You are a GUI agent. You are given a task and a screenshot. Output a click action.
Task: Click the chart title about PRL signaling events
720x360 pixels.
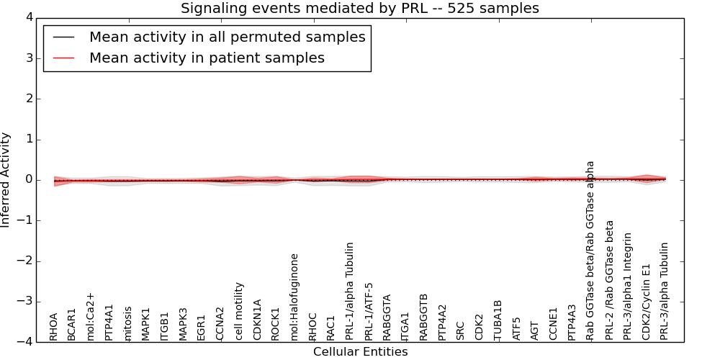point(359,9)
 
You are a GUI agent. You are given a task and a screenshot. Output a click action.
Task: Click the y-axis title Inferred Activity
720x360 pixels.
point(6,179)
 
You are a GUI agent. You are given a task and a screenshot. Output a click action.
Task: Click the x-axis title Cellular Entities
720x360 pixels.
point(360,352)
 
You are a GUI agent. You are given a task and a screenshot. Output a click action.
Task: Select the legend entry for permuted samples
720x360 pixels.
point(227,37)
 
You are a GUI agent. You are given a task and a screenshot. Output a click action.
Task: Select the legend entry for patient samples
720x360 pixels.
point(207,58)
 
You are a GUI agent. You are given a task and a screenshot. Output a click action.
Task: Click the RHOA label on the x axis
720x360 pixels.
point(54,326)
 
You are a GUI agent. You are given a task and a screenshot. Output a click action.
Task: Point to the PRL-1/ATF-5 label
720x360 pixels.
point(369,311)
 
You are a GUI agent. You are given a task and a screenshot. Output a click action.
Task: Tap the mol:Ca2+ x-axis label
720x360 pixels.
point(91,316)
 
